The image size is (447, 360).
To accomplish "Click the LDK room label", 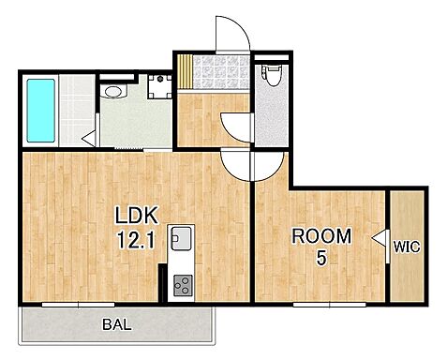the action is [x=136, y=216].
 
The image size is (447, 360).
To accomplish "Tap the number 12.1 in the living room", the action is [x=136, y=240].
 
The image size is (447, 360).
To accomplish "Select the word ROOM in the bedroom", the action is [x=321, y=236].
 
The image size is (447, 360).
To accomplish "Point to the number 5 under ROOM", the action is [x=321, y=258].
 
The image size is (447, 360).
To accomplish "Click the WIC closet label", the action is [x=407, y=247].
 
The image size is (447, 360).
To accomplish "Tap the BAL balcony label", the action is [x=117, y=325].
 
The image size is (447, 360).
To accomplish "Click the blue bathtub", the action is [x=41, y=111].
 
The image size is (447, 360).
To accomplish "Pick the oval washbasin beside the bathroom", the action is [x=113, y=92].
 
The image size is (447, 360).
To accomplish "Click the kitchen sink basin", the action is [x=181, y=238].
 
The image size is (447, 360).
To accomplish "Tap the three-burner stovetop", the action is [x=183, y=285].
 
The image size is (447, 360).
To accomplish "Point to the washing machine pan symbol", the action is [x=160, y=86].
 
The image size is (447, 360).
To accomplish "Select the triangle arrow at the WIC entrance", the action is [x=379, y=238].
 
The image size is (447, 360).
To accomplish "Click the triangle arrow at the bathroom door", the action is [x=89, y=139].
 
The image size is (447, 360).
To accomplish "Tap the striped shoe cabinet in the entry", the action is [x=185, y=72].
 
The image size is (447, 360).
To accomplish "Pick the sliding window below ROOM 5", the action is [x=330, y=304].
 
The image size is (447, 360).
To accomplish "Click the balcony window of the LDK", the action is [x=78, y=304].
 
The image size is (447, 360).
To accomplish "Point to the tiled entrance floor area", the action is [x=221, y=72].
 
